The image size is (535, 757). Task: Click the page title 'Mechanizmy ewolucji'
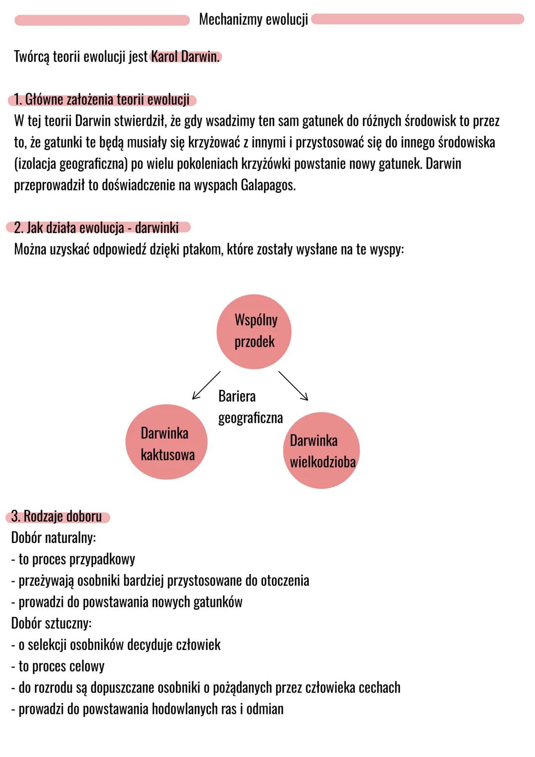tap(253, 19)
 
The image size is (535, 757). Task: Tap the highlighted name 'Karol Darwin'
tap(185, 57)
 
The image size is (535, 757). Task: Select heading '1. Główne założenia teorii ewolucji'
tap(102, 100)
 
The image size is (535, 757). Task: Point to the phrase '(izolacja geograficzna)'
tap(71, 164)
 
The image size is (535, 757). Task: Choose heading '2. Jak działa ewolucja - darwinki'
tap(97, 228)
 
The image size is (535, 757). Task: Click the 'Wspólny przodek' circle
tap(254, 331)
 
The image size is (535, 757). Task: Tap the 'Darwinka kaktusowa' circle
tap(166, 442)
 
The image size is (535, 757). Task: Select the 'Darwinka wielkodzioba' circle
tap(321, 451)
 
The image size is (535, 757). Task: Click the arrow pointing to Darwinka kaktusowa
tap(206, 385)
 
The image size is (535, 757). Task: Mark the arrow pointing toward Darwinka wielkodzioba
tap(293, 386)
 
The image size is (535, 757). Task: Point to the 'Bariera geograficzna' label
tap(250, 407)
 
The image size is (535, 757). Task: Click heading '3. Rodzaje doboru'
tap(56, 517)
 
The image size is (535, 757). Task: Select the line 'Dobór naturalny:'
tap(53, 538)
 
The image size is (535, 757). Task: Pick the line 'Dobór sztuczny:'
tap(52, 623)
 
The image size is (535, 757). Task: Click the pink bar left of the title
tap(102, 20)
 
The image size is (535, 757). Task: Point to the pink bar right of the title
tap(418, 19)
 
